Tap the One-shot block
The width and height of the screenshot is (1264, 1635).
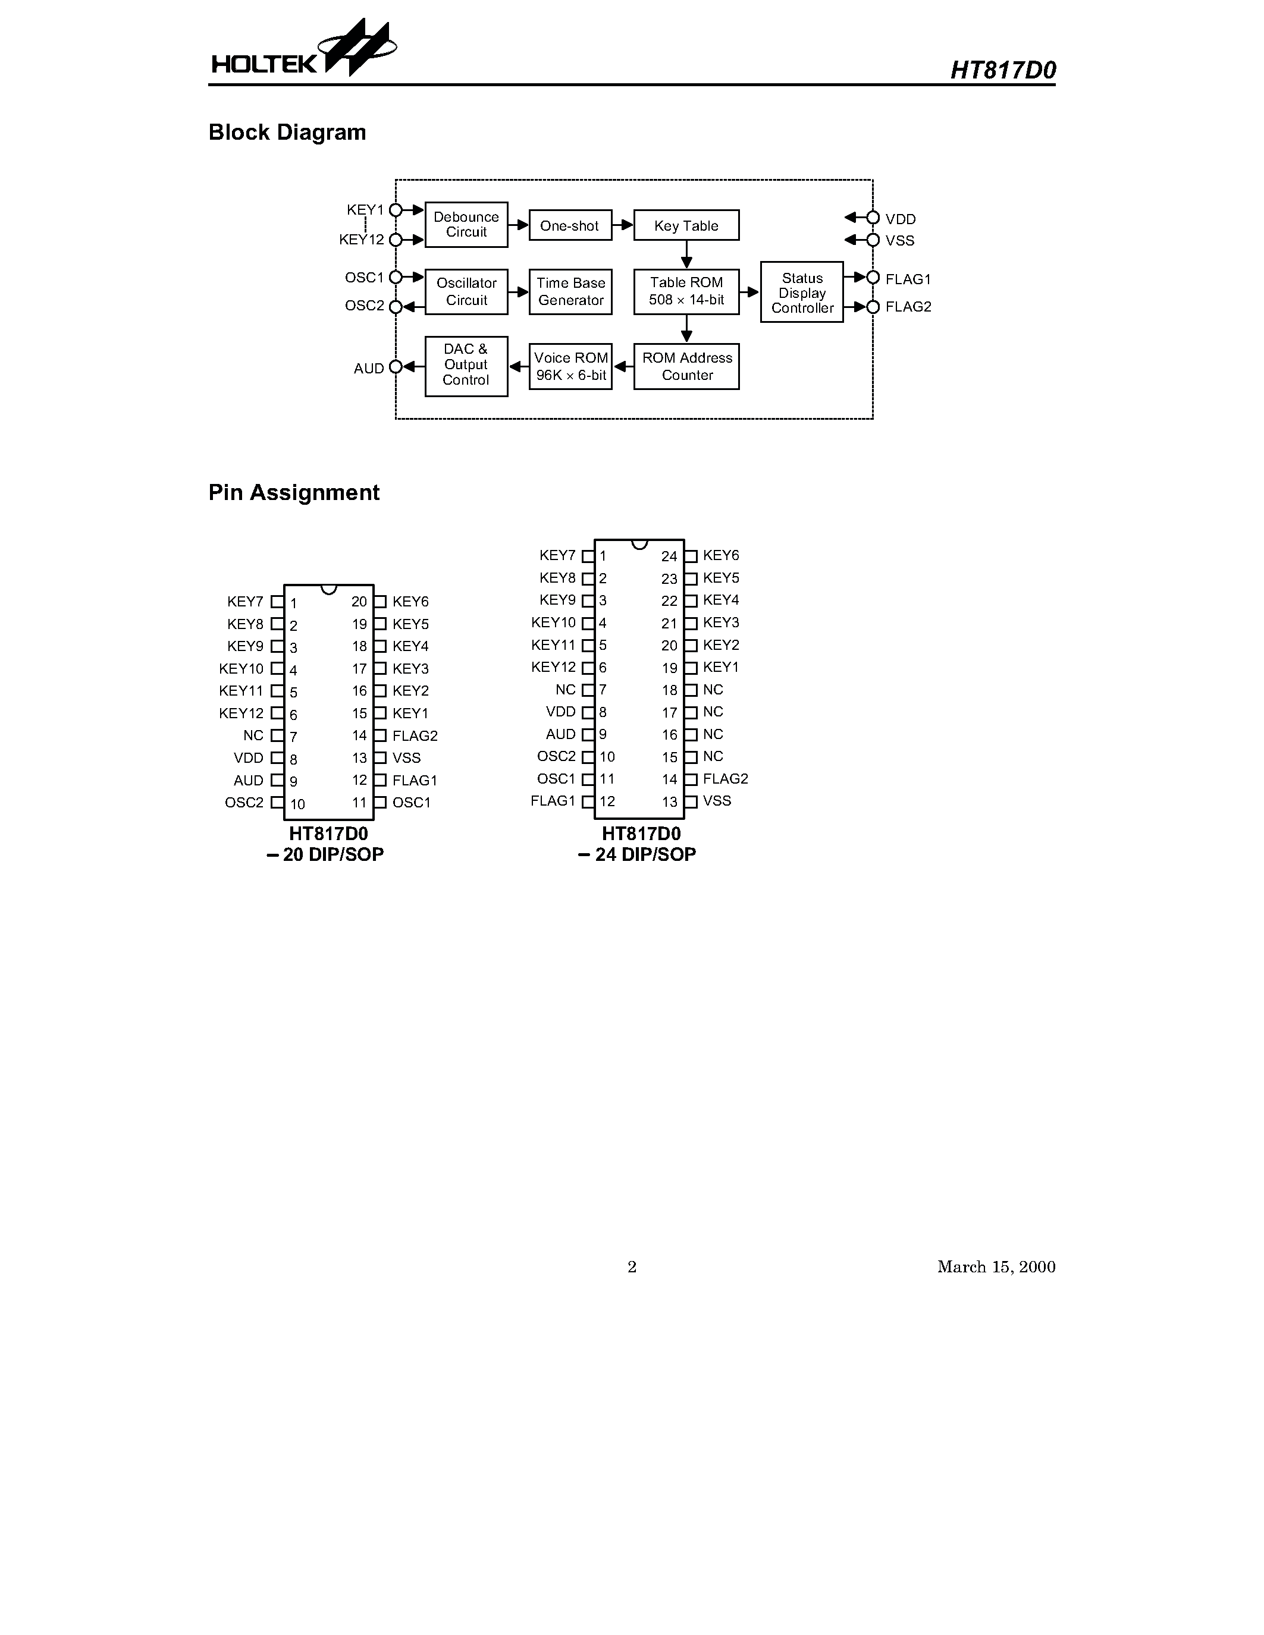tap(570, 225)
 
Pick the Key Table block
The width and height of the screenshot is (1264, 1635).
tap(686, 225)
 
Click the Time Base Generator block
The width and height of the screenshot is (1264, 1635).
tap(570, 292)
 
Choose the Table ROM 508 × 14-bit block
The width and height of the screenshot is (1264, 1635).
tap(686, 292)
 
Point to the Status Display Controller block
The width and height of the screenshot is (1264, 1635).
tap(801, 292)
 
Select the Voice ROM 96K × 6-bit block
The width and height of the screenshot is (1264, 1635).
tap(570, 367)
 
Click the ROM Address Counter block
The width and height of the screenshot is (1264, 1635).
tap(686, 367)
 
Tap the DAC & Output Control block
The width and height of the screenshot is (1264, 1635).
tap(466, 366)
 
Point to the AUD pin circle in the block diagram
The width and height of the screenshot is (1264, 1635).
tap(396, 367)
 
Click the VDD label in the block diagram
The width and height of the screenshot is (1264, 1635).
tap(900, 219)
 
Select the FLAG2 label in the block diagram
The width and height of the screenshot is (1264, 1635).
tap(908, 307)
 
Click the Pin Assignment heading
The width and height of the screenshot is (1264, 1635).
tap(293, 493)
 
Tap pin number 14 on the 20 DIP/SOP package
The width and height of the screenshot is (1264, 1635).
tap(359, 736)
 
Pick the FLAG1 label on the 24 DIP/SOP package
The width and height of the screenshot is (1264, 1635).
tap(553, 801)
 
